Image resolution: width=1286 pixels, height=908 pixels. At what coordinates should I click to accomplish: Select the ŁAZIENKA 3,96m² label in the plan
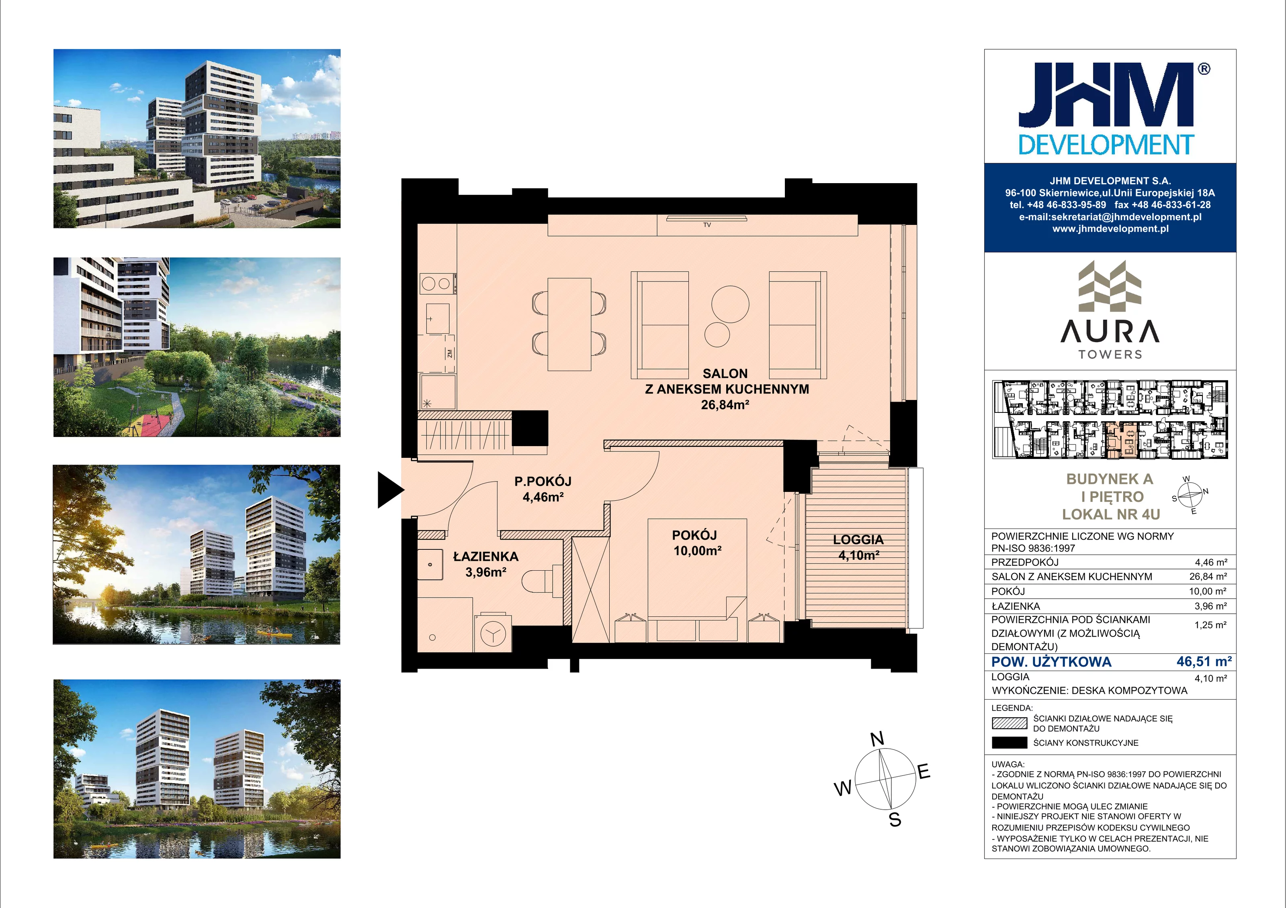[485, 564]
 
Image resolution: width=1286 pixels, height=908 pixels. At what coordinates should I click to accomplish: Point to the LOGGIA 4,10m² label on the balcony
[858, 547]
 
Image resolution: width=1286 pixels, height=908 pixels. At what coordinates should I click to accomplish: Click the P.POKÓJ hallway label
[543, 489]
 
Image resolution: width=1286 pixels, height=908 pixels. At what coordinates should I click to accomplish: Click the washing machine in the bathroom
[493, 633]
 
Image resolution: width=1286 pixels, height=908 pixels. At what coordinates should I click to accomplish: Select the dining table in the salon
[569, 324]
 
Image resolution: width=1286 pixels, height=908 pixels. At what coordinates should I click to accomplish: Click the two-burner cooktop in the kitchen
[437, 284]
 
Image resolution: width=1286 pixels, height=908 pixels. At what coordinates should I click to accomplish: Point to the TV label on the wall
[707, 225]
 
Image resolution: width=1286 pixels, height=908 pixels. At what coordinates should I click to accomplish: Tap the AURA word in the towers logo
[1110, 331]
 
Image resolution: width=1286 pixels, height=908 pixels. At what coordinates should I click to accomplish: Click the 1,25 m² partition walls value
[1210, 625]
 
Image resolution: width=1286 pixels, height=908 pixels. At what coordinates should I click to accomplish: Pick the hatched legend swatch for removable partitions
[1009, 723]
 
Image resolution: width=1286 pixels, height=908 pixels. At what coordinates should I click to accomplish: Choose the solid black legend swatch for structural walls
[1009, 743]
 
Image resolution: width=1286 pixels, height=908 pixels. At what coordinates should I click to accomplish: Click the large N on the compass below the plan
[877, 739]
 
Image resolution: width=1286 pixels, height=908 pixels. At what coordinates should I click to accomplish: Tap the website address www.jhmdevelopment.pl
[1110, 229]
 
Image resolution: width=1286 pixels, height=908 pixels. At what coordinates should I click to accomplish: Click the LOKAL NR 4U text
[1111, 514]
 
